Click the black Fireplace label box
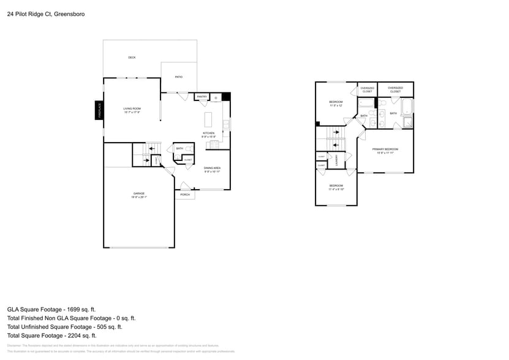pyautogui.click(x=99, y=110)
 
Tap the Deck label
pyautogui.click(x=132, y=58)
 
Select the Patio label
pyautogui.click(x=179, y=77)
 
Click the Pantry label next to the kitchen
pyautogui.click(x=202, y=97)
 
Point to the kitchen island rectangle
pyautogui.click(x=209, y=116)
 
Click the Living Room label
pyautogui.click(x=132, y=108)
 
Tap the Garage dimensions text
pyautogui.click(x=139, y=197)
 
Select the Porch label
pyautogui.click(x=185, y=195)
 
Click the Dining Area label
pyautogui.click(x=213, y=168)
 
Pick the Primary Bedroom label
pyautogui.click(x=386, y=149)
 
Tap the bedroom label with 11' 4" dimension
pyautogui.click(x=336, y=186)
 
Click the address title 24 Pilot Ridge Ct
pyautogui.click(x=46, y=13)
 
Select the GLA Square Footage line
pyautogui.click(x=51, y=310)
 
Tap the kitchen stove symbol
pyautogui.click(x=214, y=144)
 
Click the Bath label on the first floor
pyautogui.click(x=179, y=148)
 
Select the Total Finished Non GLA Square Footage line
pyautogui.click(x=71, y=318)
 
